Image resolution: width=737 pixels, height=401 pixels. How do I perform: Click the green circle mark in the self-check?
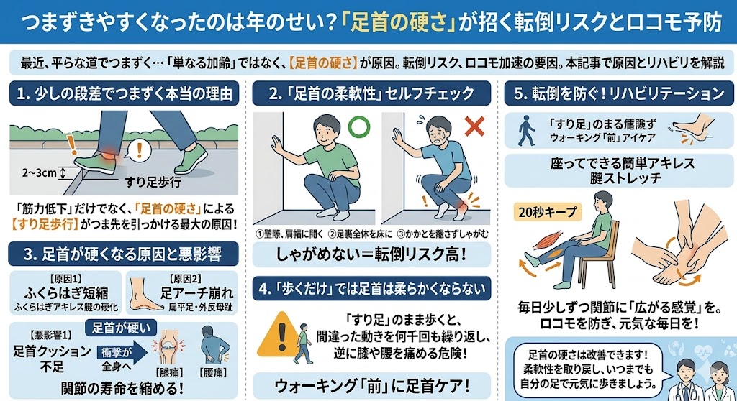[x=358, y=126]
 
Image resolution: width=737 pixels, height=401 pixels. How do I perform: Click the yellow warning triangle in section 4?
[x=281, y=335]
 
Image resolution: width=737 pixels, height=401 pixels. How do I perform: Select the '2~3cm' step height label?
[x=39, y=172]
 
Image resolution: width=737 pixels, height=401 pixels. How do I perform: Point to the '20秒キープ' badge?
[x=547, y=212]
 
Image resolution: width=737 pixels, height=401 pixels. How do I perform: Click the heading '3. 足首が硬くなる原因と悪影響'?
[x=123, y=254]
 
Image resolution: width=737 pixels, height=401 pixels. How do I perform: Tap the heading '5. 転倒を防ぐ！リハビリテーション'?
[x=618, y=93]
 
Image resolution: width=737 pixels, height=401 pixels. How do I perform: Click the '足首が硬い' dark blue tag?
[x=121, y=328]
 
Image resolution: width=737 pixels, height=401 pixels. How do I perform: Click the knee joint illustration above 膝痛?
[x=168, y=348]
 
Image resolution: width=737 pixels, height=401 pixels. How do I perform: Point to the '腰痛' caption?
[x=213, y=372]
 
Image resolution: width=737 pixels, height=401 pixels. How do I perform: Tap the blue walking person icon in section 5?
[x=526, y=131]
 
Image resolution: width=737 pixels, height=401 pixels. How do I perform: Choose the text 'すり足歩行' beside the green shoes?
[x=153, y=183]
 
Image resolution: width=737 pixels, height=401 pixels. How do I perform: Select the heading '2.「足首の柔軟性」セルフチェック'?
[x=372, y=93]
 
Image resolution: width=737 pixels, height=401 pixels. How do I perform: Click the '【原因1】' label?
[x=65, y=280]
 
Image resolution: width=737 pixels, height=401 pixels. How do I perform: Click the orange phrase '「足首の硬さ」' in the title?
[x=398, y=22]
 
